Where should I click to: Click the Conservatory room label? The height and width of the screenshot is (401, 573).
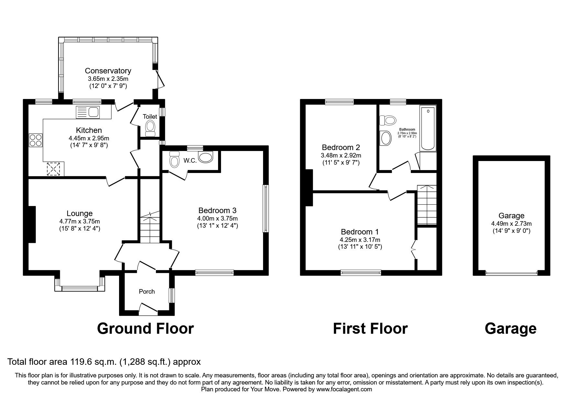click(x=108, y=71)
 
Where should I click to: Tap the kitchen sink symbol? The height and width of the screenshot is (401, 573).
click(x=88, y=112)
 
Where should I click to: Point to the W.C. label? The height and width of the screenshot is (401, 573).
click(x=190, y=160)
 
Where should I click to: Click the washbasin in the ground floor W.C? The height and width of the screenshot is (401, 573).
click(x=206, y=157)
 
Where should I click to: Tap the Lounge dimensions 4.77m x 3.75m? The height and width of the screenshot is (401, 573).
click(x=80, y=222)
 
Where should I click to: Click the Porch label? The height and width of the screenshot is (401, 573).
click(x=147, y=292)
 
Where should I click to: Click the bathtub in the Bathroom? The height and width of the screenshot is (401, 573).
click(x=428, y=128)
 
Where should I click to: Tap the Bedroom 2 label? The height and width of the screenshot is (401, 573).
click(x=341, y=147)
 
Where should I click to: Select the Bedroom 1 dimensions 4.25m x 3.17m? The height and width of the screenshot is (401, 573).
click(x=360, y=240)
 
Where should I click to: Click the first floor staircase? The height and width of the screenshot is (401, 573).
click(x=426, y=206)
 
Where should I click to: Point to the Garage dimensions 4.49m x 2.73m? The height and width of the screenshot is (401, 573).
click(x=511, y=223)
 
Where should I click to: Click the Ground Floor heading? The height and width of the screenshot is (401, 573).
click(x=145, y=329)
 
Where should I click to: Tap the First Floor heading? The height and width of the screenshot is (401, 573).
click(x=370, y=329)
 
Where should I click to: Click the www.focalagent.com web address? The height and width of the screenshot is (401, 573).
click(x=344, y=389)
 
